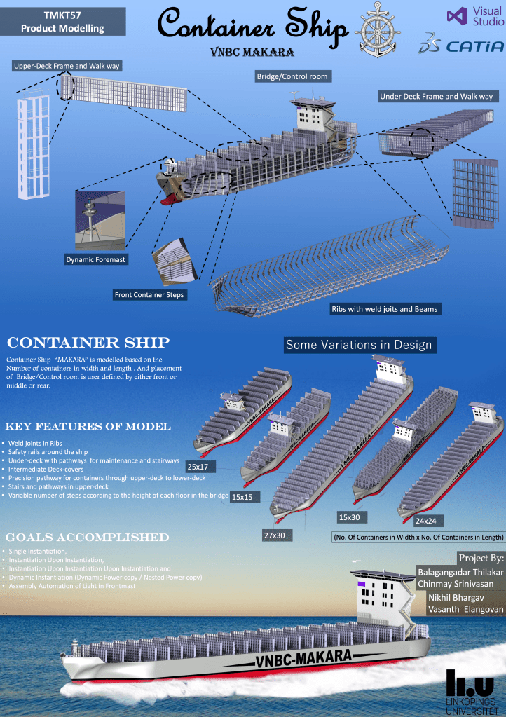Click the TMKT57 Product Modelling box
pos(62,22)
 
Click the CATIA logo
pos(461,46)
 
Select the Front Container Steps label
pos(149,295)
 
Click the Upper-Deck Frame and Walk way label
pos(67,67)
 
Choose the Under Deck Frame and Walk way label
pos(436,97)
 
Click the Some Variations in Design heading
pos(359,345)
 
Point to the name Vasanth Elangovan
pos(465,610)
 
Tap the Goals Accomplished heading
pos(88,537)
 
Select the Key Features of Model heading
pos(88,427)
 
